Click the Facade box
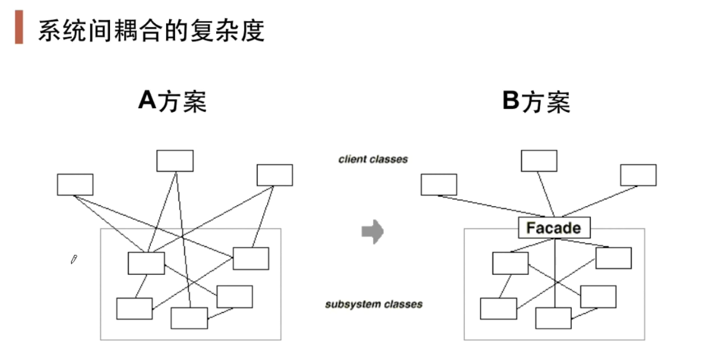pyautogui.click(x=554, y=228)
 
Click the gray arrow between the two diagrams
pyautogui.click(x=373, y=232)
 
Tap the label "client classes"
pyautogui.click(x=373, y=159)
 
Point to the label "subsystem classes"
pyautogui.click(x=373, y=304)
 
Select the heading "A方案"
pyautogui.click(x=172, y=101)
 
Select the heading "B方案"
pyautogui.click(x=536, y=101)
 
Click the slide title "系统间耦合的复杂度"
pyautogui.click(x=151, y=30)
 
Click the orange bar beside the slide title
pyautogui.click(x=19, y=29)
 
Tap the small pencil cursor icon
pyautogui.click(x=74, y=259)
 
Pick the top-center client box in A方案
pyautogui.click(x=175, y=161)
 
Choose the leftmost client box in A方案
pyautogui.click(x=75, y=184)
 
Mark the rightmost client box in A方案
pyautogui.click(x=275, y=175)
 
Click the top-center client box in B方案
pyautogui.click(x=539, y=161)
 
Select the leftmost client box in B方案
pyautogui.click(x=439, y=184)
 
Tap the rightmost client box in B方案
pyautogui.click(x=638, y=175)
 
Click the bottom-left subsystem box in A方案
pyautogui.click(x=134, y=308)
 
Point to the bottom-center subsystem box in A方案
pyautogui.click(x=189, y=318)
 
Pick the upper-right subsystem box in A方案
pyautogui.click(x=251, y=258)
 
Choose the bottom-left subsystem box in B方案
pyautogui.click(x=499, y=308)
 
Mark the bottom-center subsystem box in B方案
pyautogui.click(x=553, y=318)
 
